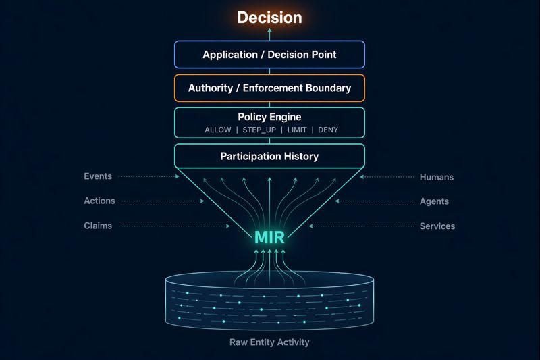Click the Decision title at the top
[x=269, y=17]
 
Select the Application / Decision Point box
[x=269, y=55]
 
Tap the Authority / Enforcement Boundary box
[x=269, y=88]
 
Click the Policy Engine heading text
[x=269, y=117]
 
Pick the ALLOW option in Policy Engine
[x=218, y=130]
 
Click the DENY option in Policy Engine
[x=328, y=130]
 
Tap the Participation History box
[x=269, y=156]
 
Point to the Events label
[x=98, y=176]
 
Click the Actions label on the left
[x=99, y=201]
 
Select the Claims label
[x=98, y=226]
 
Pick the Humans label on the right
[x=437, y=177]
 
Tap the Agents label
[x=434, y=201]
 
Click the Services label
[x=437, y=226]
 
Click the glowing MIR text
[x=269, y=238]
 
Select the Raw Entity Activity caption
[x=269, y=342]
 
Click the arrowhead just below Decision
[x=269, y=32]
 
